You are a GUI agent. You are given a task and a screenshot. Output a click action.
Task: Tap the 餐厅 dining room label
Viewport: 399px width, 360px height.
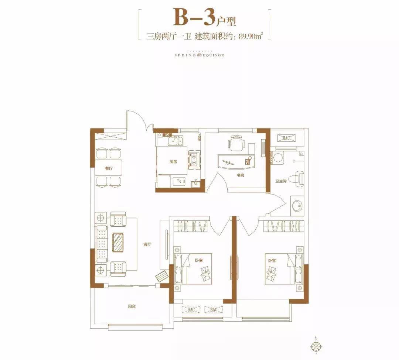(108, 168)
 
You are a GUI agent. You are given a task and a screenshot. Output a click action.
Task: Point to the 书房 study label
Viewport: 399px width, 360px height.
(240, 175)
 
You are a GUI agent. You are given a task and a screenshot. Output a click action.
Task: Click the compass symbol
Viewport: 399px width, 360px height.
(316, 346)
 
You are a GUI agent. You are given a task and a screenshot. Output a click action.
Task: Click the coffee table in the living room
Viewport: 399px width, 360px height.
(119, 243)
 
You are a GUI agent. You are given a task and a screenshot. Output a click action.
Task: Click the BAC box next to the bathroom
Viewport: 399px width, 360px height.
(286, 138)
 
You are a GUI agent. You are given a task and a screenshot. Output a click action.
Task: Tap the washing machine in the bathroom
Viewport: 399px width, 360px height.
(277, 158)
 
